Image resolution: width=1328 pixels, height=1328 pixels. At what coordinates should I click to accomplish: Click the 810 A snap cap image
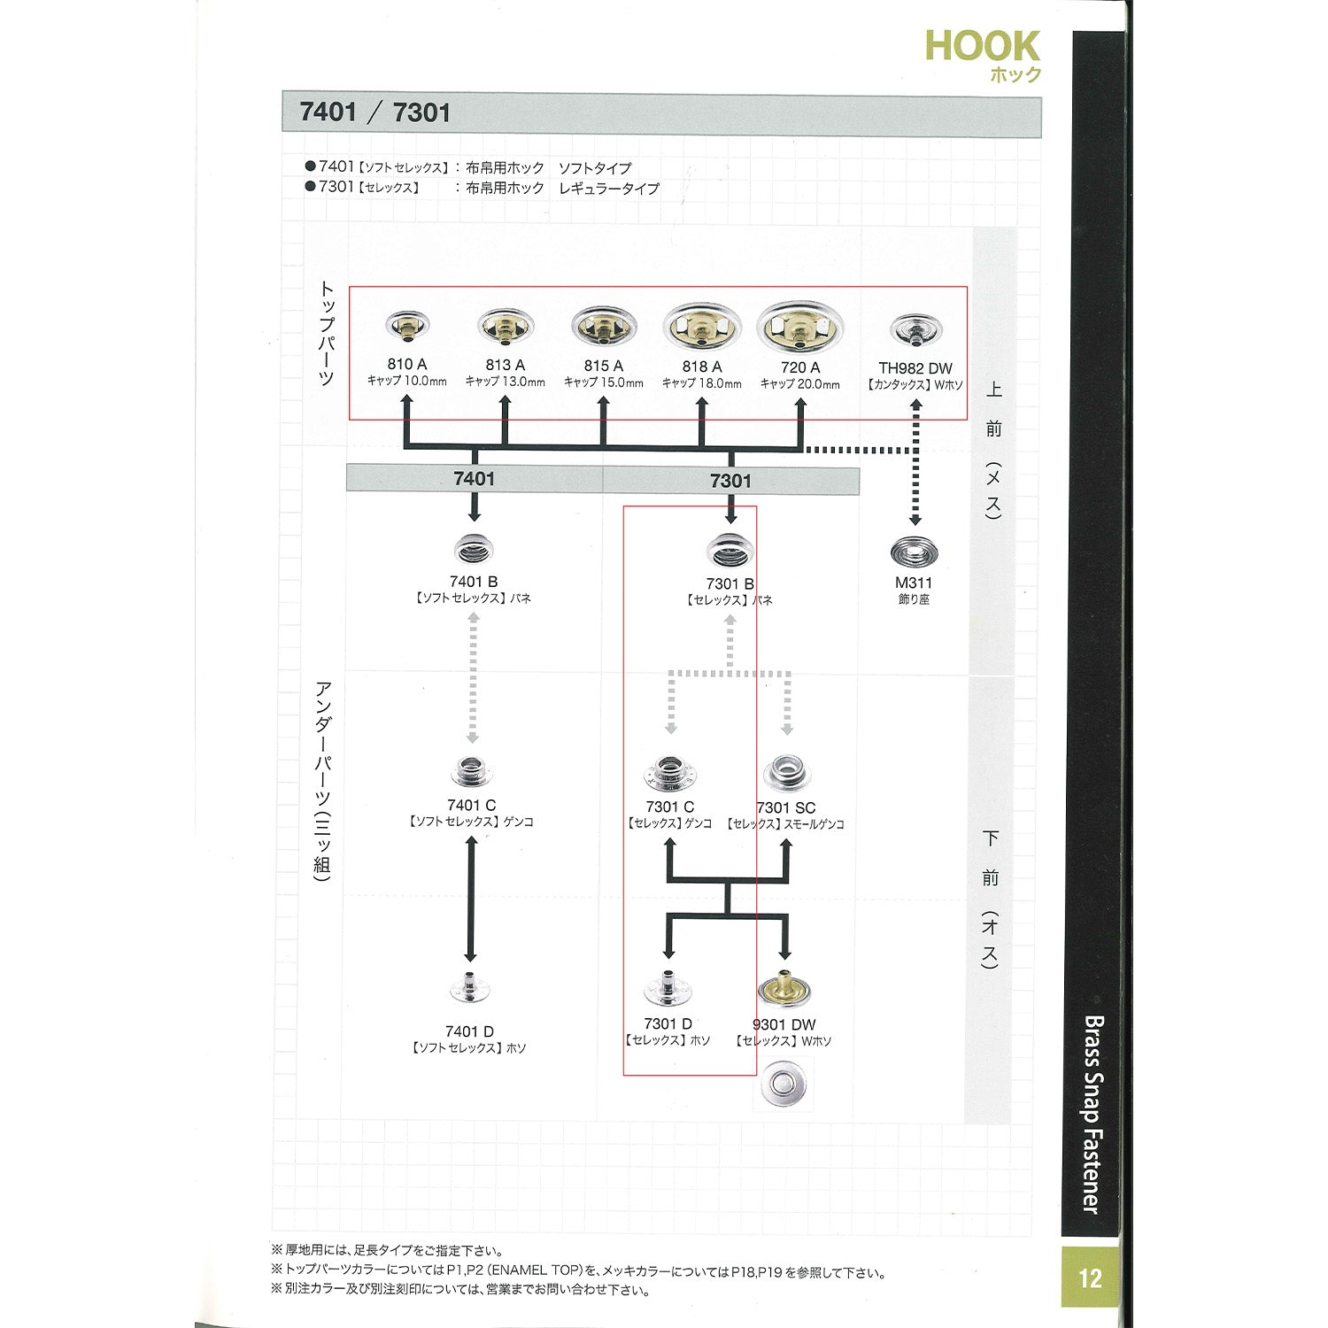pos(407,327)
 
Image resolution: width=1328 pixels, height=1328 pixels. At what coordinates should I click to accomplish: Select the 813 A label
pos(506,365)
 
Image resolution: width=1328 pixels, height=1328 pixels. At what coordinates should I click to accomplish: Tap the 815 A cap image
pos(604,328)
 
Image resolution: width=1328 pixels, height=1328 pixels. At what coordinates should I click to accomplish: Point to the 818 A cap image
pos(702,328)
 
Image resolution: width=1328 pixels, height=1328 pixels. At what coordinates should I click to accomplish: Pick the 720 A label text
pos(800,367)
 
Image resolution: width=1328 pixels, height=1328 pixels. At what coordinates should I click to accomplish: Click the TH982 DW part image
pos(915,332)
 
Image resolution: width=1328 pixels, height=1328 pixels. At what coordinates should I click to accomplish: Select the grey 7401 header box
pos(475,479)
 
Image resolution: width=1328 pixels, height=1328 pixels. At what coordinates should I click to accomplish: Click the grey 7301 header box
pos(730,481)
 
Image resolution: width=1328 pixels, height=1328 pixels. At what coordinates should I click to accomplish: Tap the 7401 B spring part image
pos(473,552)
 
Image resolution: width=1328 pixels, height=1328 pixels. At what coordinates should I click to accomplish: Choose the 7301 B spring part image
pos(730,552)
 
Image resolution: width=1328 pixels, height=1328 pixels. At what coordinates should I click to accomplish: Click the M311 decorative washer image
pos(914,553)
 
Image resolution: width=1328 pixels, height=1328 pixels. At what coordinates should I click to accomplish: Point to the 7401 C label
pos(472,805)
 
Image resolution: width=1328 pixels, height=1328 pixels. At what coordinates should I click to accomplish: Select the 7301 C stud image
pos(669,774)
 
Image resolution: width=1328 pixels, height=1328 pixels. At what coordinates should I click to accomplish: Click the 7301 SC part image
pos(786,774)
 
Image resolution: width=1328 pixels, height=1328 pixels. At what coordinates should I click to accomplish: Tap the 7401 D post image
pos(470,989)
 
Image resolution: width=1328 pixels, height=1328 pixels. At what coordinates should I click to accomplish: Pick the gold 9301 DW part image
pos(784,990)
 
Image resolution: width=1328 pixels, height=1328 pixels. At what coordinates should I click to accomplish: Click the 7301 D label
pos(668,1024)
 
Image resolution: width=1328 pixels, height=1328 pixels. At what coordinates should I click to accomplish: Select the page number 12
pos(1090,1278)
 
